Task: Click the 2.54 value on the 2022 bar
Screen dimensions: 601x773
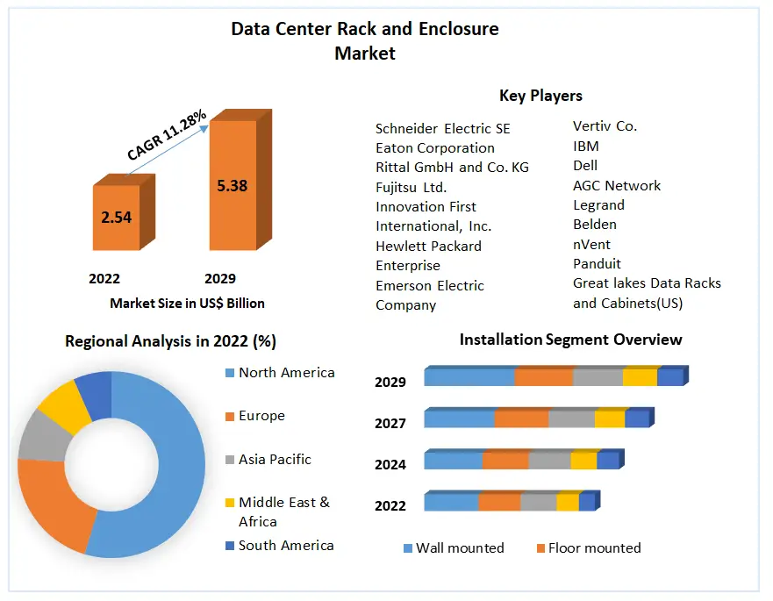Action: (116, 217)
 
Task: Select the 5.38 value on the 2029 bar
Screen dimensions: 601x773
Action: (233, 185)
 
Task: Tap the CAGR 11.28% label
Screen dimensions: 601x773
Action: (167, 134)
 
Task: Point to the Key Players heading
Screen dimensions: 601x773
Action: (540, 96)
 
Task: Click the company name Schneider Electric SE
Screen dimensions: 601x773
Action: (442, 128)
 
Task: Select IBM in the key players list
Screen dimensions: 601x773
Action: (585, 146)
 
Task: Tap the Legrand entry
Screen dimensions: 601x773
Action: (598, 204)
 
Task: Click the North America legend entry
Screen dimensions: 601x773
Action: (286, 373)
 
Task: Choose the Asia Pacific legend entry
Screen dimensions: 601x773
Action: (274, 459)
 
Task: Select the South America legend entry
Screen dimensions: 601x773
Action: (285, 545)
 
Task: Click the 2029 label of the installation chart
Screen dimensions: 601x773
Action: (390, 382)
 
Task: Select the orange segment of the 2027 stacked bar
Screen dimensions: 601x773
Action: (521, 419)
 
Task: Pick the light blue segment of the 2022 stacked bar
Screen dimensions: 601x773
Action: (451, 503)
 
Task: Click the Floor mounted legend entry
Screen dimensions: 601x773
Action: (594, 548)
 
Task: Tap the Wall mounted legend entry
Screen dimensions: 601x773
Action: (459, 548)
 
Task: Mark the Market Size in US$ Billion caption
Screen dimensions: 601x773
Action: (187, 303)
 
